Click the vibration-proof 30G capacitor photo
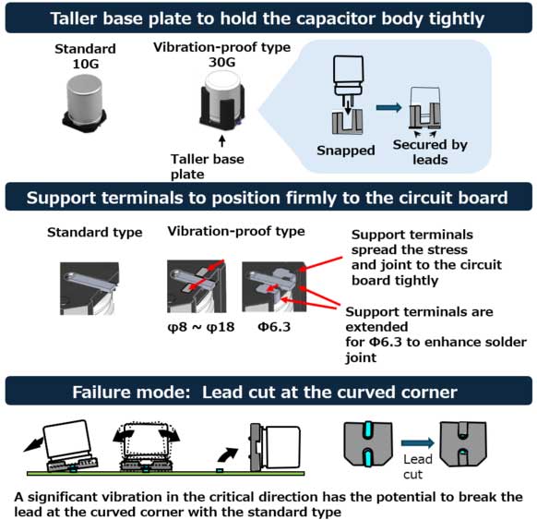point(222,101)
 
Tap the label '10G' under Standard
point(86,64)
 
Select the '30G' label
point(222,63)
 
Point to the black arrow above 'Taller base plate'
point(222,141)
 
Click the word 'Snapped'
point(346,151)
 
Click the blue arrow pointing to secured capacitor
point(388,108)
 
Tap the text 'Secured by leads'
point(430,151)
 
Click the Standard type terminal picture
point(89,288)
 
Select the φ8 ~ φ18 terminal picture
point(197,286)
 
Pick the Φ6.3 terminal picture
point(274,286)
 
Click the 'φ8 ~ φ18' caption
point(201,327)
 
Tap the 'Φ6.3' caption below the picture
point(274,327)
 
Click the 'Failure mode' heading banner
point(268,391)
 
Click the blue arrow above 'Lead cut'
point(417,443)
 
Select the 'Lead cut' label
point(417,466)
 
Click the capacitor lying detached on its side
point(275,448)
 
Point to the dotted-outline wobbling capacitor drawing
point(146,447)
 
